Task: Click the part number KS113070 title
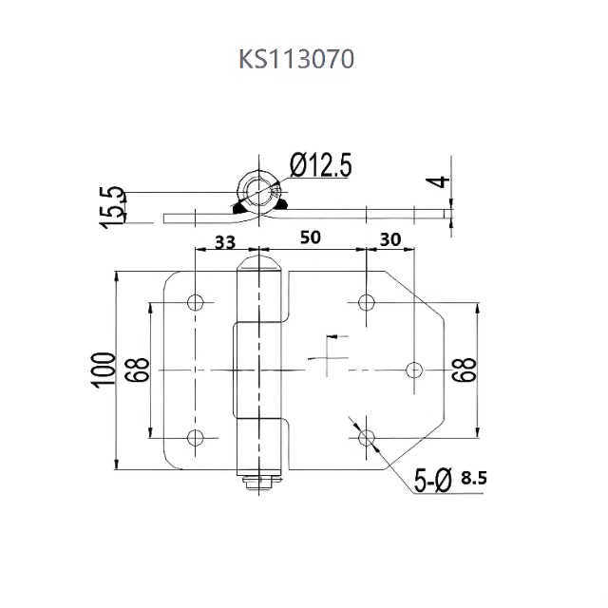pyautogui.click(x=296, y=60)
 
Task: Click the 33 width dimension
pyautogui.click(x=224, y=241)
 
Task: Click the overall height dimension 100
pyautogui.click(x=105, y=369)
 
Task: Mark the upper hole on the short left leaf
pyautogui.click(x=196, y=303)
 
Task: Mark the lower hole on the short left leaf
pyautogui.click(x=196, y=437)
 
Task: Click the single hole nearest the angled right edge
pyautogui.click(x=414, y=369)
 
